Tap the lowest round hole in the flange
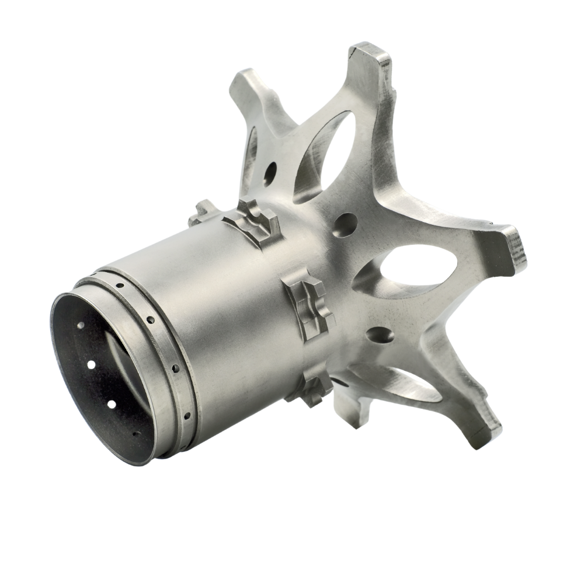[x=376, y=337]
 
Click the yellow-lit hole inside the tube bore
[x=91, y=365]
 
